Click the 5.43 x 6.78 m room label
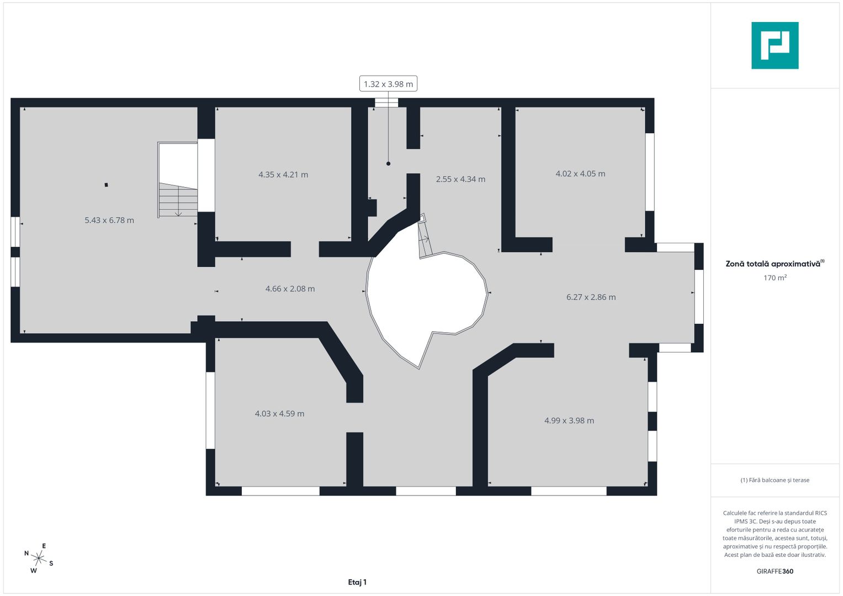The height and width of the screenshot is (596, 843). point(109,220)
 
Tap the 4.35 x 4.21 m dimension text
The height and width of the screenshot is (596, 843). point(283,174)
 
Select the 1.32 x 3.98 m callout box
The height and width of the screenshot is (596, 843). point(388,83)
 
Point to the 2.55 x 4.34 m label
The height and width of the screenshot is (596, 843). point(460,179)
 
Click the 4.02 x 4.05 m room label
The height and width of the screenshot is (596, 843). point(580,173)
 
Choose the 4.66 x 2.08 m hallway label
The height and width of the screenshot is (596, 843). point(290,289)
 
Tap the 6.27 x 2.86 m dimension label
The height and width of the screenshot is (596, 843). point(591,297)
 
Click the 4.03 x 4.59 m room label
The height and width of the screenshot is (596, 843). point(279,413)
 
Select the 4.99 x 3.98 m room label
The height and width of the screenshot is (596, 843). point(569,421)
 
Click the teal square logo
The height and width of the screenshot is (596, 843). point(775,45)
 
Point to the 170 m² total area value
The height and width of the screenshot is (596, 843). point(775,278)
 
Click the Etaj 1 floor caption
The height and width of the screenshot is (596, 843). point(357,582)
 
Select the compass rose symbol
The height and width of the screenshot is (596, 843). point(39,558)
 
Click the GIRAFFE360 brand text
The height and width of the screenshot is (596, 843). point(775,571)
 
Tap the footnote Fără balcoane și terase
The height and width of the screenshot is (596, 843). point(775,480)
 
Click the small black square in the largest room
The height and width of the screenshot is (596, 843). point(107,185)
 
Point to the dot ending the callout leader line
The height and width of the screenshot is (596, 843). point(389,164)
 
